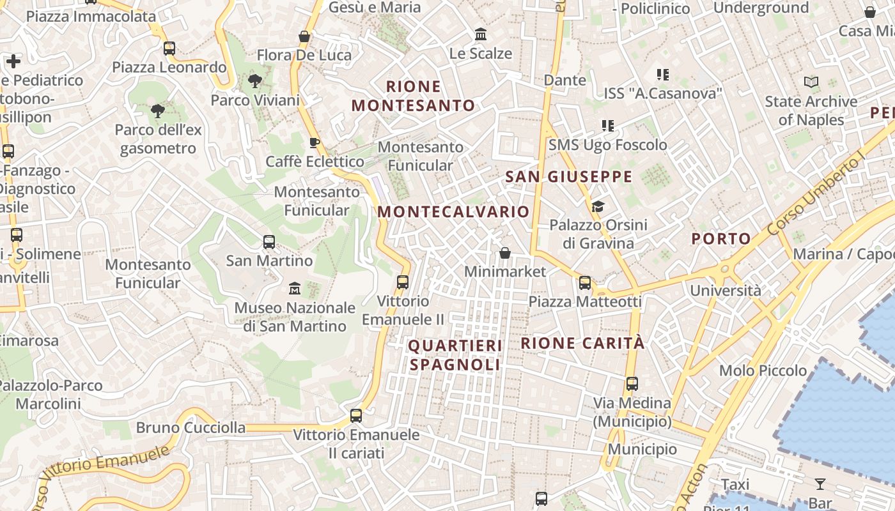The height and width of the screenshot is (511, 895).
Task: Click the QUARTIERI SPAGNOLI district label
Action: [455, 355]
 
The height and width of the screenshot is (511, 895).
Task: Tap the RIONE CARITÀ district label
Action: [582, 343]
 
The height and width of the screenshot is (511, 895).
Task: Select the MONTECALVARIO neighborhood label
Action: [454, 211]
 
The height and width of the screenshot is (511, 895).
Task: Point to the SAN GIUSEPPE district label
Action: [568, 176]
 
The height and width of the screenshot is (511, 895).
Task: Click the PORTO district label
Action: [721, 239]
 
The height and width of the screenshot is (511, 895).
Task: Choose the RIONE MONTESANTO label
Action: [414, 96]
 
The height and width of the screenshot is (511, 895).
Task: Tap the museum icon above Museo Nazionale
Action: [294, 289]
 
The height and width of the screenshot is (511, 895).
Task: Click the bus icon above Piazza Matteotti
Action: [585, 282]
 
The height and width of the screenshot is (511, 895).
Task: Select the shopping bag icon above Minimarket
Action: [505, 253]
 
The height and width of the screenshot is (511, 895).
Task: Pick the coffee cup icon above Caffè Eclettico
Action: [314, 142]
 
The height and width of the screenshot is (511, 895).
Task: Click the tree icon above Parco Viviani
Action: [254, 81]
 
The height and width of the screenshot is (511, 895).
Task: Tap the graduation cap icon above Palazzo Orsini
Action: [598, 206]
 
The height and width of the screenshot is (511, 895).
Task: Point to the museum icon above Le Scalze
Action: [480, 34]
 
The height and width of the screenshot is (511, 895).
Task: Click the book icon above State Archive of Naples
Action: [811, 82]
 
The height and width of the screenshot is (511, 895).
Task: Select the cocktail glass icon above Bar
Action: [820, 484]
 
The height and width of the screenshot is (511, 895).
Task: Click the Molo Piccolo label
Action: [763, 370]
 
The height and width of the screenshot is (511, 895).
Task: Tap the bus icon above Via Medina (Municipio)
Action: [632, 384]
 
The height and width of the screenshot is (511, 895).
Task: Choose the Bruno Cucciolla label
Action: [191, 427]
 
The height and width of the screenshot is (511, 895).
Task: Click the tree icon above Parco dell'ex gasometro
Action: [158, 111]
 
